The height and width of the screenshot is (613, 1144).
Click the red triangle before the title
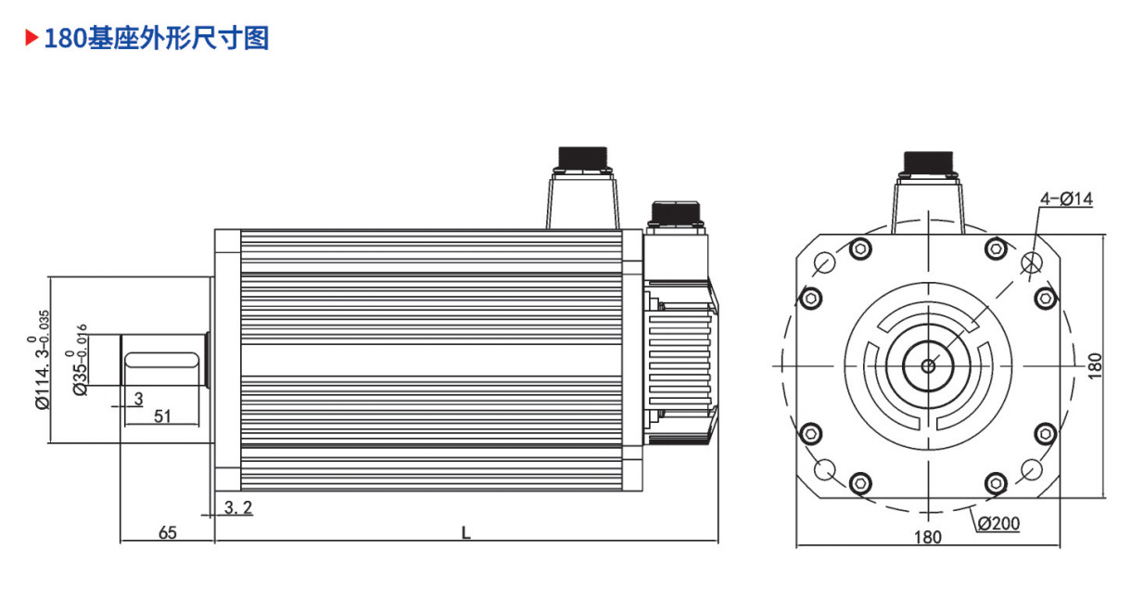click(32, 38)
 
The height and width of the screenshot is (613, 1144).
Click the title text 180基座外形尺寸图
click(157, 38)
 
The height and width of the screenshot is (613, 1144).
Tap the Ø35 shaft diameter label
click(77, 360)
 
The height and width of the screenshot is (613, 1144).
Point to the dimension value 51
click(162, 416)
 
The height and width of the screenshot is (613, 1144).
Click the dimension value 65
click(168, 533)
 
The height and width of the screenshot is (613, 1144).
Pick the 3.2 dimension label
click(238, 507)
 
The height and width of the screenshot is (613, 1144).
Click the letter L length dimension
click(465, 533)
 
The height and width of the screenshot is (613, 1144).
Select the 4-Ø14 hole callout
click(1067, 198)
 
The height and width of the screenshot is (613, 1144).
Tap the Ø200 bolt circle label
click(998, 524)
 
